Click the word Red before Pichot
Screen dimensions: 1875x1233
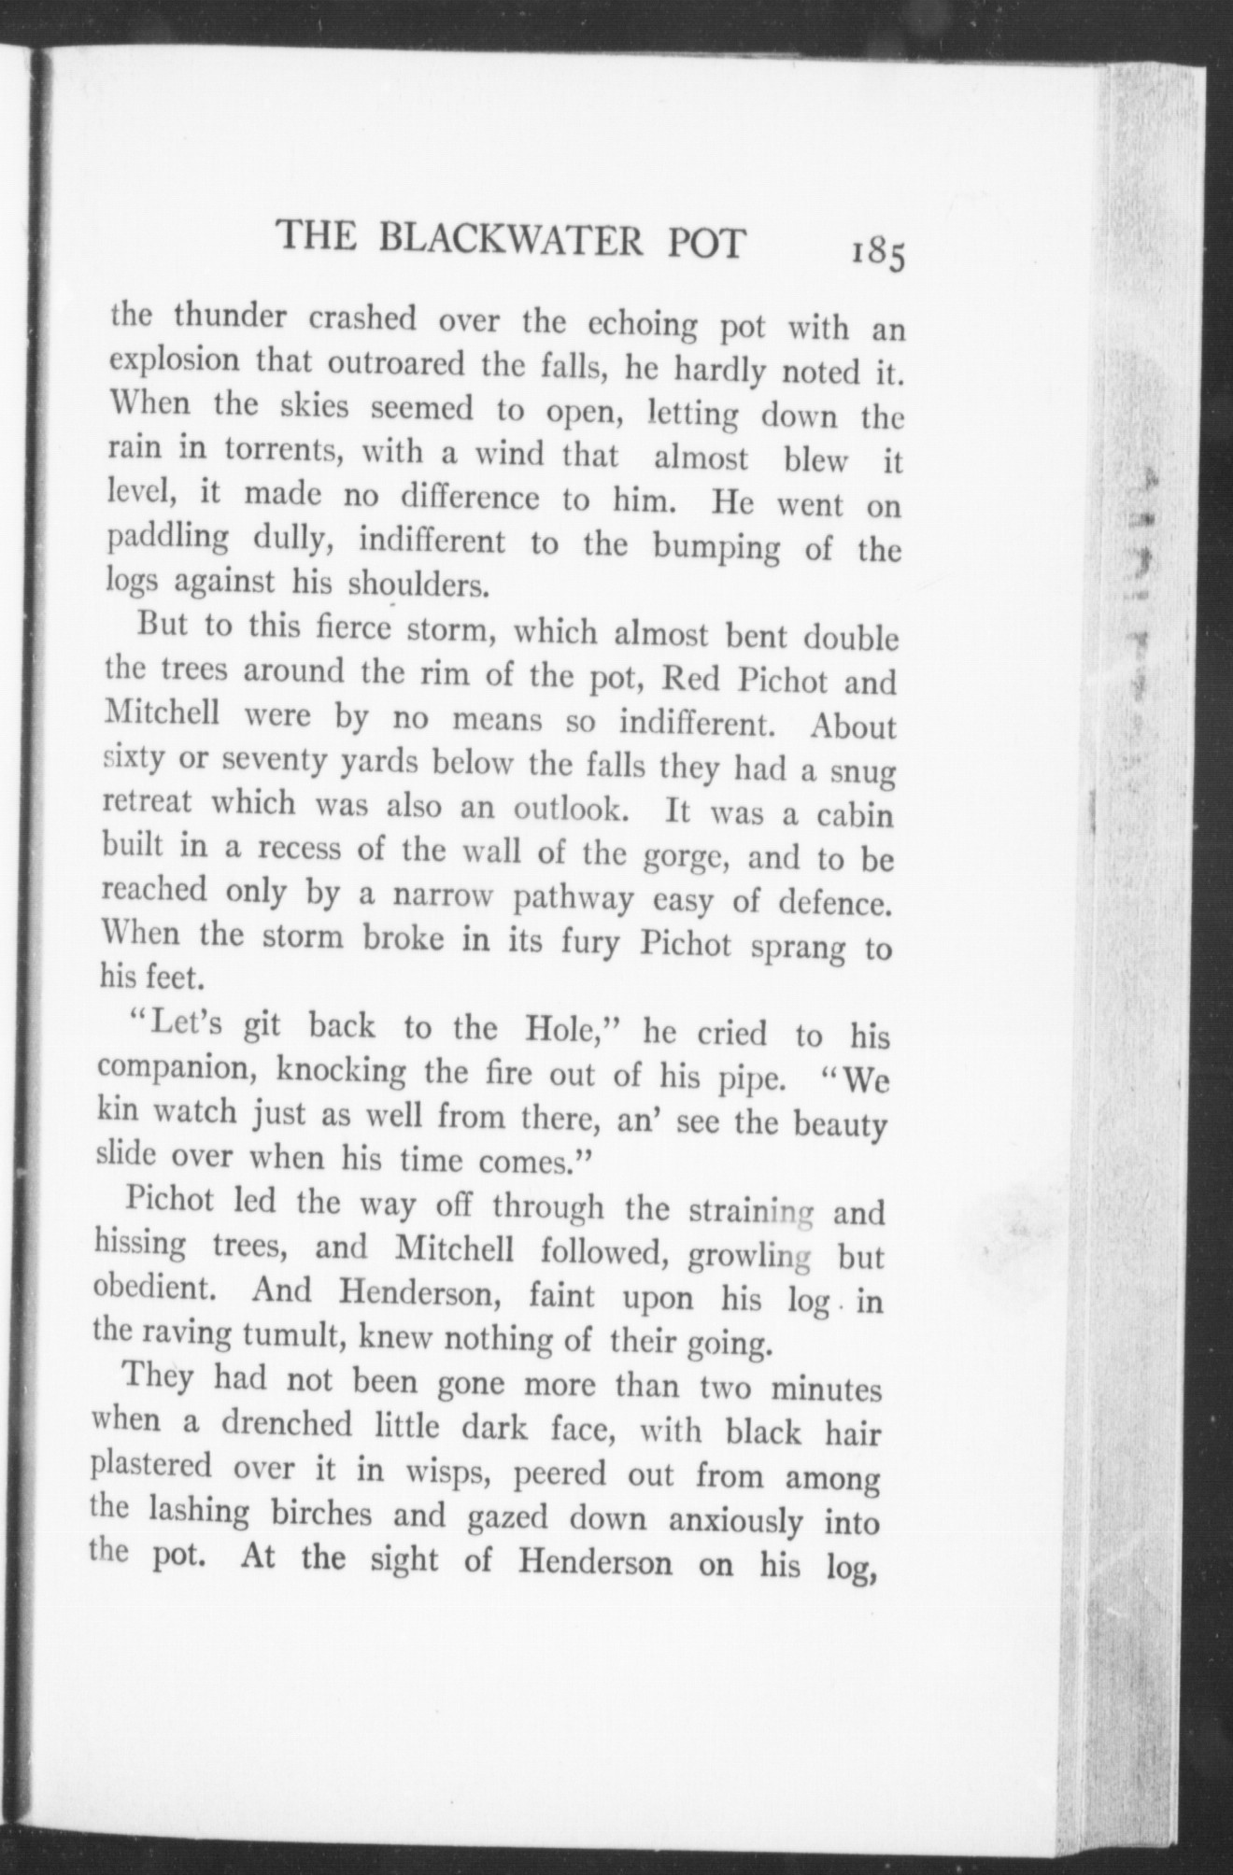pos(690,678)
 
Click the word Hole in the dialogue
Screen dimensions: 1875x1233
pos(559,1029)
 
